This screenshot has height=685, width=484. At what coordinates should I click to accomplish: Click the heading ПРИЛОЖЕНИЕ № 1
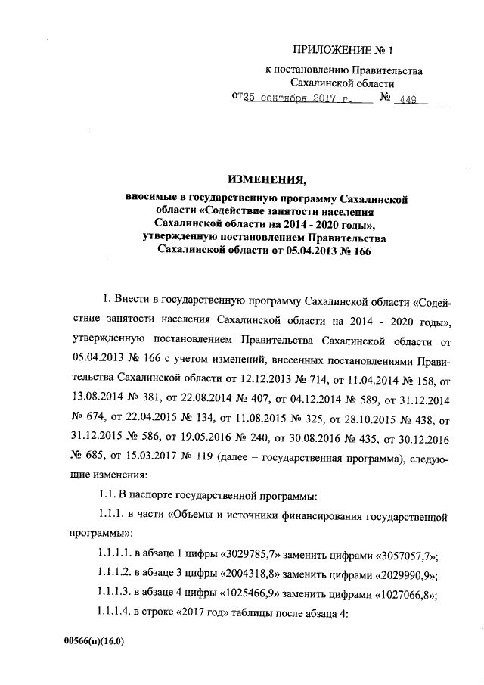340,51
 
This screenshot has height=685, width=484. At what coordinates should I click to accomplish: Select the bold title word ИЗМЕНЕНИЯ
263,180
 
